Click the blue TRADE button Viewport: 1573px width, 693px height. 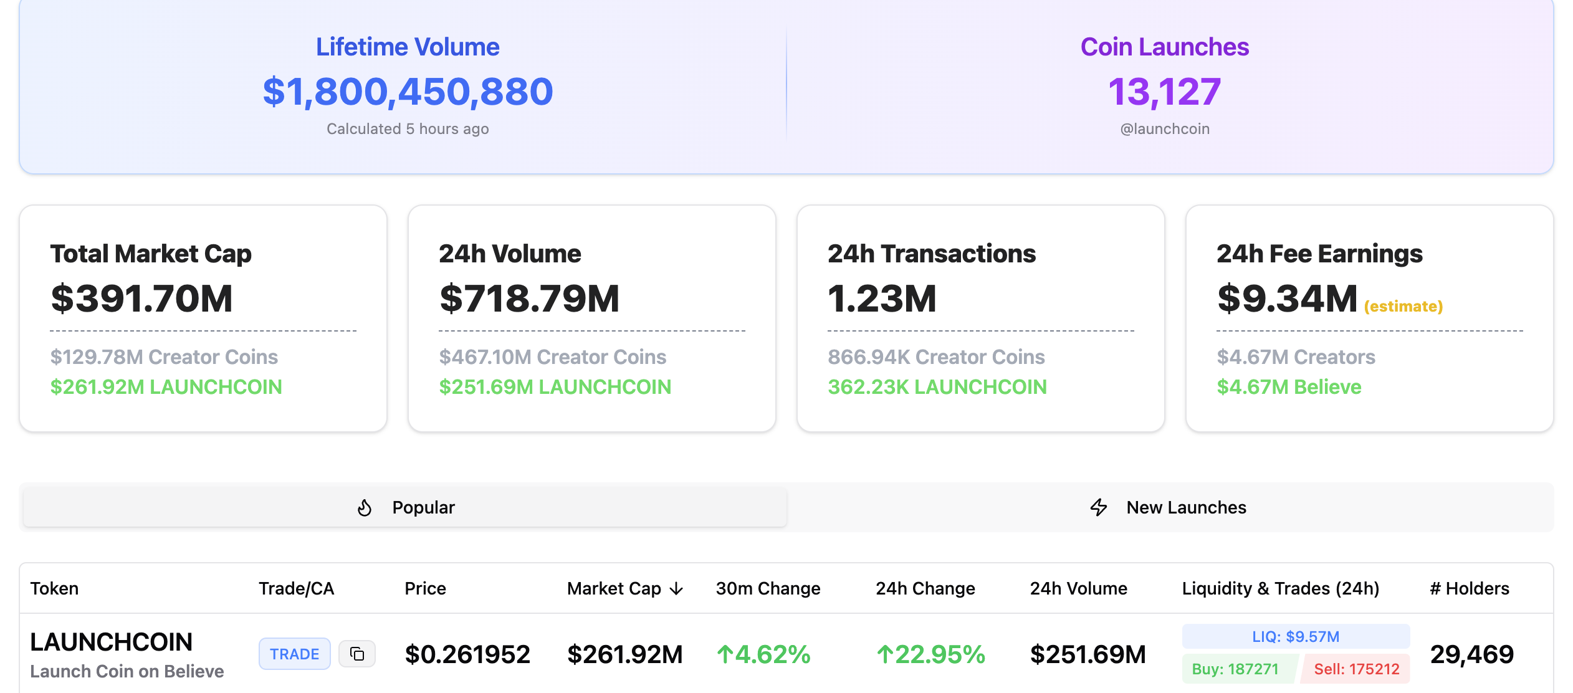pyautogui.click(x=294, y=654)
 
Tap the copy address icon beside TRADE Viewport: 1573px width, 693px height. pyautogui.click(x=357, y=654)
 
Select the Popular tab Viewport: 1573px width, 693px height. pyautogui.click(x=405, y=507)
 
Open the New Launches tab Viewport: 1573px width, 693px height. pyautogui.click(x=1169, y=507)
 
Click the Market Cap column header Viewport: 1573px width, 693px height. pyautogui.click(x=614, y=588)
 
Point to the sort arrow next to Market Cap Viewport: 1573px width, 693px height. pyautogui.click(x=677, y=589)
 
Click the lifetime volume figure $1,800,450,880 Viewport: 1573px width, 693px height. pyautogui.click(x=408, y=92)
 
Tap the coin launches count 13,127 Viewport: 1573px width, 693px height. pyautogui.click(x=1164, y=92)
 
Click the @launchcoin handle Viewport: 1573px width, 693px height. pyautogui.click(x=1164, y=129)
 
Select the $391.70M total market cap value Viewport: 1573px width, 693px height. pyautogui.click(x=141, y=299)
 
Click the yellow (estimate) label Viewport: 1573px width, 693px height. pyautogui.click(x=1403, y=307)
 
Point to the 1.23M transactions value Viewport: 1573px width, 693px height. pyautogui.click(x=882, y=299)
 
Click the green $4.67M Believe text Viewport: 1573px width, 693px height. pyautogui.click(x=1289, y=387)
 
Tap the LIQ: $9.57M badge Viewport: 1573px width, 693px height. pyautogui.click(x=1295, y=636)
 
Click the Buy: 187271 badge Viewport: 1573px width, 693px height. pyautogui.click(x=1235, y=669)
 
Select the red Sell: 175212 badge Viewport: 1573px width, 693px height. pyautogui.click(x=1356, y=669)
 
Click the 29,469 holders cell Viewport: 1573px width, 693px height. pyautogui.click(x=1471, y=654)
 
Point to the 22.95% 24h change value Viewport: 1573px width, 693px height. pyautogui.click(x=930, y=654)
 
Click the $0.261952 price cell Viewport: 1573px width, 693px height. pyautogui.click(x=467, y=654)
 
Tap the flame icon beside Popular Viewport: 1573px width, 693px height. pyautogui.click(x=365, y=508)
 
